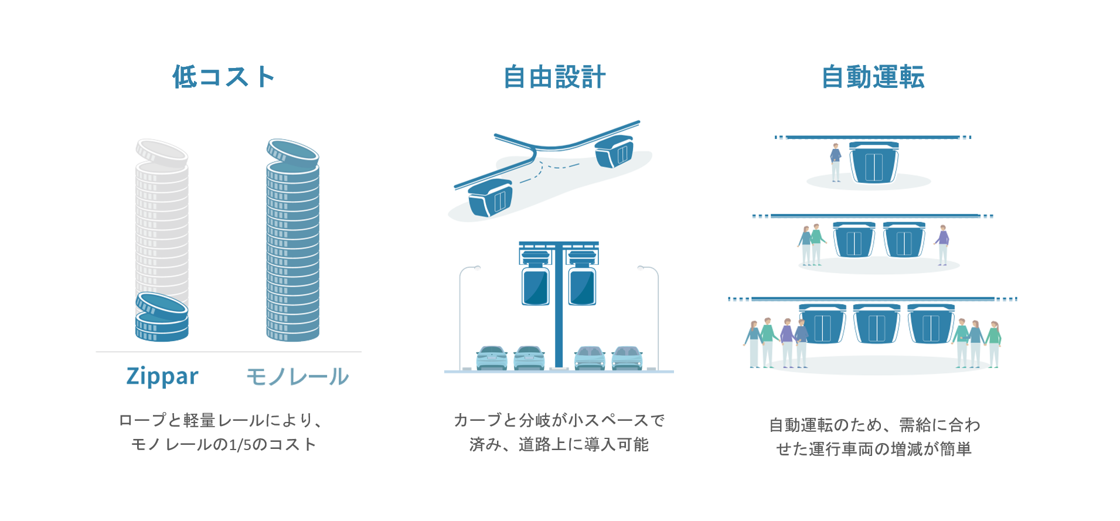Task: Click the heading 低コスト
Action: (223, 77)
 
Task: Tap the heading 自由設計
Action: (554, 77)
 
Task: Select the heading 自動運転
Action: (873, 77)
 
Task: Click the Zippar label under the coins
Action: (162, 376)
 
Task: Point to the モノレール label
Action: (297, 376)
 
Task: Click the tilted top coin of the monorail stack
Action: (292, 152)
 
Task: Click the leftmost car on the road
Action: (492, 358)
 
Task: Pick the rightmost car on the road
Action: (627, 358)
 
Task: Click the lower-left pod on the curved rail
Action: (491, 198)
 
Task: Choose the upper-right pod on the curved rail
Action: (614, 151)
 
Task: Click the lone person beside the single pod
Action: (836, 162)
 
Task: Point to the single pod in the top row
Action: (874, 162)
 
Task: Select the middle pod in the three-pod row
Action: (876, 324)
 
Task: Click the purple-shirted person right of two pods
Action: (942, 244)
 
